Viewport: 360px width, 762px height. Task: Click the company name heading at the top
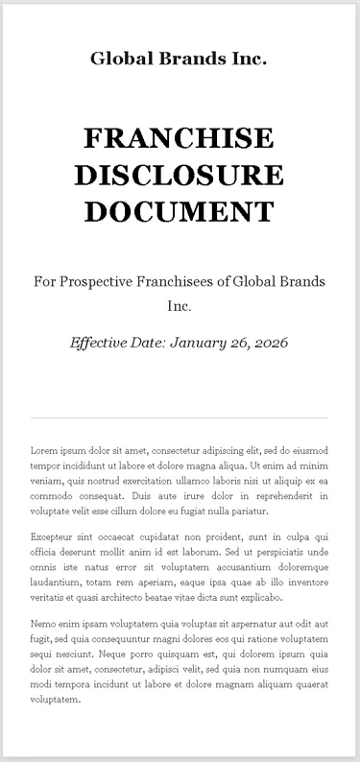pyautogui.click(x=179, y=60)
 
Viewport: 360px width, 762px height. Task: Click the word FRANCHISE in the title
pyautogui.click(x=179, y=139)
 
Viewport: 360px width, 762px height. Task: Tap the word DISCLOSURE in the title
pyautogui.click(x=179, y=175)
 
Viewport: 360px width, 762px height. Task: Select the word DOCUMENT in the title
pyautogui.click(x=179, y=210)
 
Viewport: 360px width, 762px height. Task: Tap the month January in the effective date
pyautogui.click(x=202, y=342)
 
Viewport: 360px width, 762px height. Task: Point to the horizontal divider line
pyautogui.click(x=179, y=418)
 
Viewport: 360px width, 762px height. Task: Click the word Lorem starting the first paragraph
pyautogui.click(x=45, y=450)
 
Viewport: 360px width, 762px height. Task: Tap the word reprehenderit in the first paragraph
pyautogui.click(x=275, y=496)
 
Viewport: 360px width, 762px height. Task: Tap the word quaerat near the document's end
pyautogui.click(x=306, y=684)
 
